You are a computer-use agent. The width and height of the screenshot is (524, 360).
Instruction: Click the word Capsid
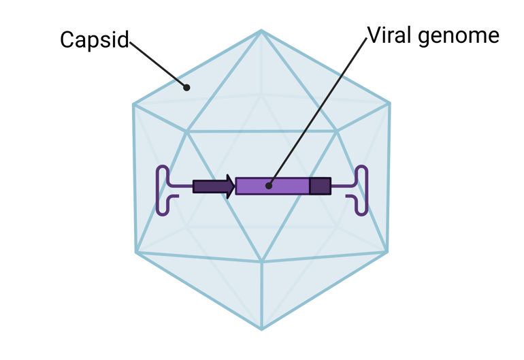pyautogui.click(x=94, y=40)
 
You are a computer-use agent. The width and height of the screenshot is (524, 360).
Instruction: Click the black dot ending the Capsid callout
pyautogui.click(x=186, y=87)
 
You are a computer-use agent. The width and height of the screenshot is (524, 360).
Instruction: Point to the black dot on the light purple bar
pyautogui.click(x=269, y=185)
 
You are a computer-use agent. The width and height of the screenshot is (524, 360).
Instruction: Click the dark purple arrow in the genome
pyautogui.click(x=213, y=186)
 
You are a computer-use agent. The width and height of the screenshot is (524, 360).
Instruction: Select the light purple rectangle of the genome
pyautogui.click(x=286, y=186)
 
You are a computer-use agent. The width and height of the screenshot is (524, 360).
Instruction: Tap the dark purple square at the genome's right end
pyautogui.click(x=320, y=186)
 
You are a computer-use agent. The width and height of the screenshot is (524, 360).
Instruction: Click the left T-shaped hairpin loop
pyautogui.click(x=163, y=191)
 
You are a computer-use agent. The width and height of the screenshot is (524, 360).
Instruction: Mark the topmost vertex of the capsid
pyautogui.click(x=261, y=31)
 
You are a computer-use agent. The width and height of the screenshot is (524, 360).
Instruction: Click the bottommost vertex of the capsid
pyautogui.click(x=261, y=329)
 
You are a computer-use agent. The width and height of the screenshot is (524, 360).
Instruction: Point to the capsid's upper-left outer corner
pyautogui.click(x=134, y=104)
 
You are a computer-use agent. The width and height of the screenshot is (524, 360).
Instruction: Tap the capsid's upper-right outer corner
pyautogui.click(x=389, y=103)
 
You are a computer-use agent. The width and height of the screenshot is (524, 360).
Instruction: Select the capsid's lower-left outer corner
pyautogui.click(x=136, y=252)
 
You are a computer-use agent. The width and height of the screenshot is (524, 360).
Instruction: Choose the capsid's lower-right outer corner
pyautogui.click(x=387, y=252)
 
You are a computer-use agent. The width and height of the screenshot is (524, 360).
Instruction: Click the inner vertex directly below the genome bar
pyautogui.click(x=262, y=261)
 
